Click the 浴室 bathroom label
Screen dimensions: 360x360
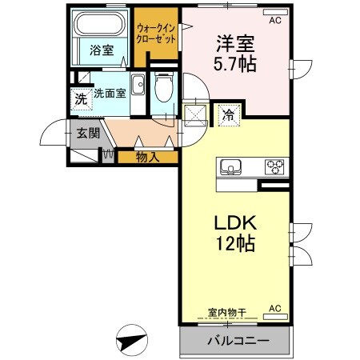pos(101,50)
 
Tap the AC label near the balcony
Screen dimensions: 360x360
pos(274,307)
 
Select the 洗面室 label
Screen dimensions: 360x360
pos(110,92)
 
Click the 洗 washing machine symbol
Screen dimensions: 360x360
pos(81,99)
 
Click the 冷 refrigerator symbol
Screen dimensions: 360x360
pos(229,114)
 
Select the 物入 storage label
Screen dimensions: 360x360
pos(147,157)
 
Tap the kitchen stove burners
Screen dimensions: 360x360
pos(275,166)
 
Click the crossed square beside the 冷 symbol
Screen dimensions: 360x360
pos(194,114)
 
